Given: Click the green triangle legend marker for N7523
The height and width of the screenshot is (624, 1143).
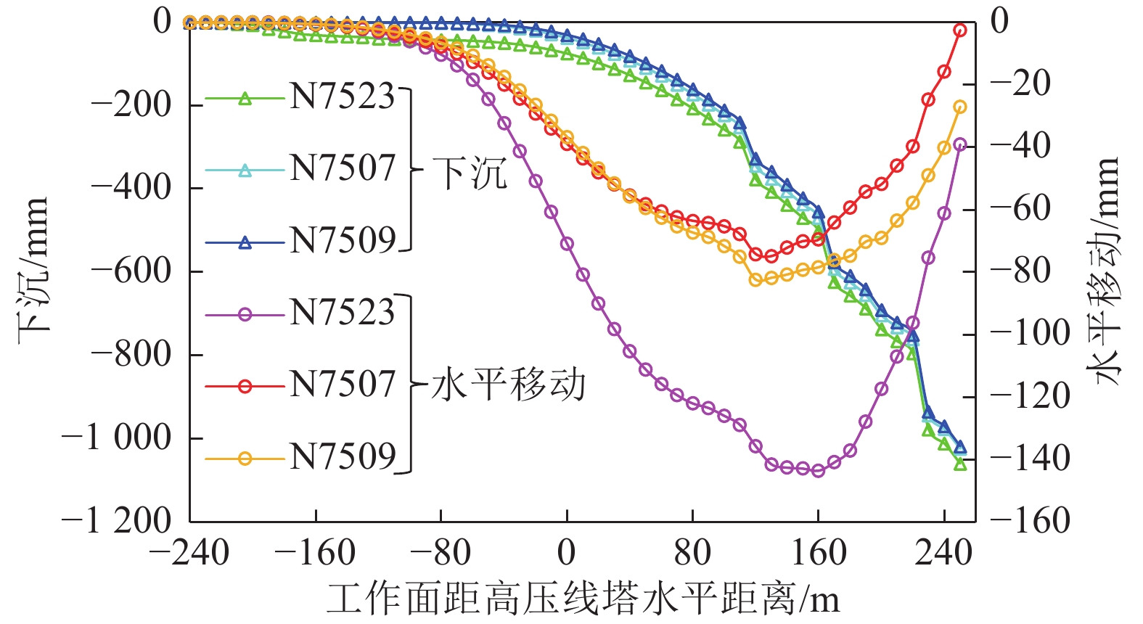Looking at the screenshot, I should [x=245, y=99].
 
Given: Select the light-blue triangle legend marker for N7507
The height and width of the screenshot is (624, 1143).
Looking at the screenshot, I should [x=245, y=171].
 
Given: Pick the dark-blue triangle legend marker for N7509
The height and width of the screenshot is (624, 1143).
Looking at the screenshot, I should [x=245, y=243].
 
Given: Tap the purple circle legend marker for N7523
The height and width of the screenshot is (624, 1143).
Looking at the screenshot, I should [x=245, y=315].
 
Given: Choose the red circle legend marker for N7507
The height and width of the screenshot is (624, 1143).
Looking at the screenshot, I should [x=245, y=387].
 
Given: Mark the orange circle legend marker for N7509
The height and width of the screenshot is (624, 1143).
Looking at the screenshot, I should [x=245, y=459].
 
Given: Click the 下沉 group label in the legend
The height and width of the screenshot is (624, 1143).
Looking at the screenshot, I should [x=470, y=173].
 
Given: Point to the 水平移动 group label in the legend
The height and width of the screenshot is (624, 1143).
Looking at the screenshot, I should [x=508, y=385].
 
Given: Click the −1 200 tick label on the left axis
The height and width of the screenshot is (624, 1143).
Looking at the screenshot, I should [x=117, y=521].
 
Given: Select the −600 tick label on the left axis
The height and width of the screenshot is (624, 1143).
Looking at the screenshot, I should [x=131, y=271].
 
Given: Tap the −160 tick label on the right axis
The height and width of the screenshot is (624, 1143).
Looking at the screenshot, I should [x=1031, y=521].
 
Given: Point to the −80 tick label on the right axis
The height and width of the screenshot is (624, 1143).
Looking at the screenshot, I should [x=1022, y=271].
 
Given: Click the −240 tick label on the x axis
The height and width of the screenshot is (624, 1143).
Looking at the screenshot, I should [x=189, y=554].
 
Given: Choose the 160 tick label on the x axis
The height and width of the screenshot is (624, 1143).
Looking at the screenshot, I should [x=818, y=554].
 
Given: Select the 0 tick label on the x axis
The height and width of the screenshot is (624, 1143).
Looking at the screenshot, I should [x=567, y=554].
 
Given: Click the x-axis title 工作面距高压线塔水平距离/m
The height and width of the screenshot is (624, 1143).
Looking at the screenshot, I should [x=583, y=599].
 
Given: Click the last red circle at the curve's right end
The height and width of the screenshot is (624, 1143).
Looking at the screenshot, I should [x=959, y=30].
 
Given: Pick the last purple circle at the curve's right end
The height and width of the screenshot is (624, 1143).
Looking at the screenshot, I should [x=959, y=145].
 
